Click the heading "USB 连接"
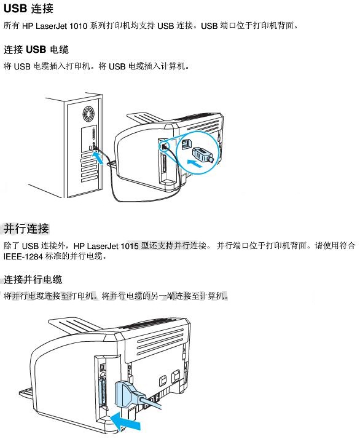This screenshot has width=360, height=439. point(28,9)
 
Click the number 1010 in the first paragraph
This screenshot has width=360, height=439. point(78,26)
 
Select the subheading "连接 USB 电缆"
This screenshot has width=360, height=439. point(36,50)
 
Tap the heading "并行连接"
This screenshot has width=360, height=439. point(26,229)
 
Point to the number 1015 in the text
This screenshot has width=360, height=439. point(130,246)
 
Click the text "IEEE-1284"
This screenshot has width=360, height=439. point(23,256)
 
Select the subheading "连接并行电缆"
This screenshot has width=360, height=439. point(33,279)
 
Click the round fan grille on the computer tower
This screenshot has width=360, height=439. point(88,113)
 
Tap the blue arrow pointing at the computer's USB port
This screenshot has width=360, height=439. point(98,157)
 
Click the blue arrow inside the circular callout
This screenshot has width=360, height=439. point(195,163)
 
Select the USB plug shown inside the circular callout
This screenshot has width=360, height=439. point(203,154)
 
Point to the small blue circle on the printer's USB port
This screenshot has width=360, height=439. point(165,146)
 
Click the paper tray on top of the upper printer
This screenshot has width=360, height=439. point(146,117)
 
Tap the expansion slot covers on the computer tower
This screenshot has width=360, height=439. point(89,168)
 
